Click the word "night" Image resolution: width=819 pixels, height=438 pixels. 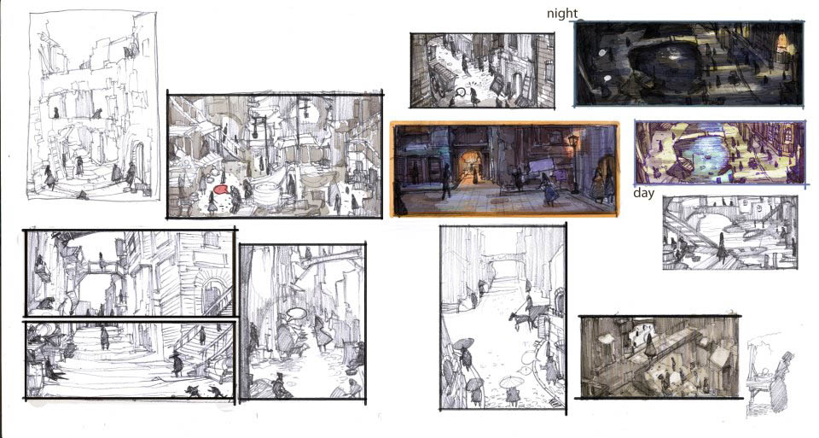tap(562, 15)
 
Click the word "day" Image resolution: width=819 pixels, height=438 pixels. tap(643, 193)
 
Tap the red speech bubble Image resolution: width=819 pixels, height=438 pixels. tap(222, 190)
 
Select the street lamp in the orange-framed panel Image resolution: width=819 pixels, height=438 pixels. tap(573, 158)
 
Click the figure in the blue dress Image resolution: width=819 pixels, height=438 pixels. tap(548, 190)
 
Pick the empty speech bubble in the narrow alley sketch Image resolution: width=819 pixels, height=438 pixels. tap(296, 313)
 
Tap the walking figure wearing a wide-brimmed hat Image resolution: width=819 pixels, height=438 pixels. tap(177, 364)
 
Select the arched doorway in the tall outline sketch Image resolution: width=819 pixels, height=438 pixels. tap(138, 161)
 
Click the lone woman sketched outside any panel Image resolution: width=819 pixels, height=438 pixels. tap(779, 382)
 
